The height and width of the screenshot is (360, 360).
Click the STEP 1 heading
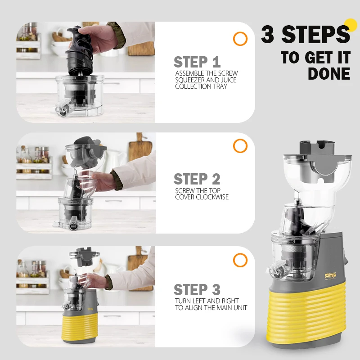(x=197, y=62)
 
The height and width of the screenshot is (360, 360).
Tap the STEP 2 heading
(x=197, y=179)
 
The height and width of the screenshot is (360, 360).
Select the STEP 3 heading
(x=197, y=289)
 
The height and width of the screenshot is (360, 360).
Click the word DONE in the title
(x=329, y=74)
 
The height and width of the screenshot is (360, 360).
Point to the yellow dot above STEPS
(x=351, y=25)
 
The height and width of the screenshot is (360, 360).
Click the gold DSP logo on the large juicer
(x=330, y=276)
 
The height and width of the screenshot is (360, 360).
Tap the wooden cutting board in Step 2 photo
(x=140, y=147)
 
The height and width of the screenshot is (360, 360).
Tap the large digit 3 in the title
(x=268, y=34)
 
